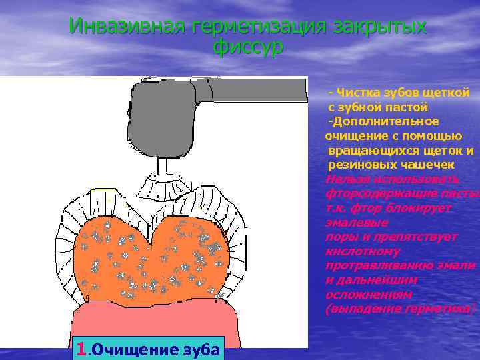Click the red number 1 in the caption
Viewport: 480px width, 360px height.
tap(81, 349)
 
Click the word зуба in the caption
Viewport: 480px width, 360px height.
tap(200, 349)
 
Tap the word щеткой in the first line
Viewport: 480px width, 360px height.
tap(449, 93)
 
